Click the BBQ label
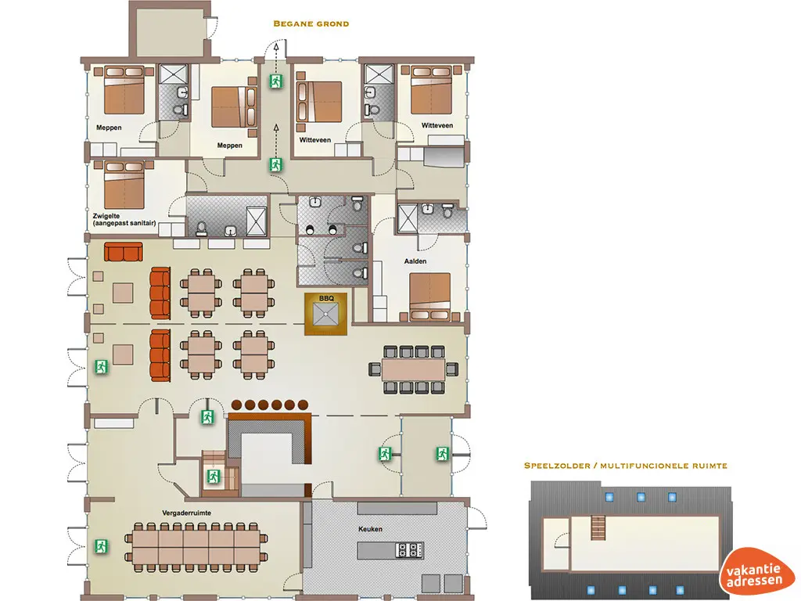tap(326, 298)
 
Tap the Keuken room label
tap(372, 530)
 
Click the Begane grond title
tap(311, 23)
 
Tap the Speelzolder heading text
tap(626, 466)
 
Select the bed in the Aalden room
tap(429, 297)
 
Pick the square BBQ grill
tap(326, 317)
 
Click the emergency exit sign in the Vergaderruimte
tap(101, 545)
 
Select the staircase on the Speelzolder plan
tap(600, 525)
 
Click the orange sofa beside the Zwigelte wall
tap(124, 252)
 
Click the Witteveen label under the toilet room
tap(315, 140)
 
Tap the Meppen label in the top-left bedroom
tap(110, 127)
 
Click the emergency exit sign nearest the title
tap(275, 81)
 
